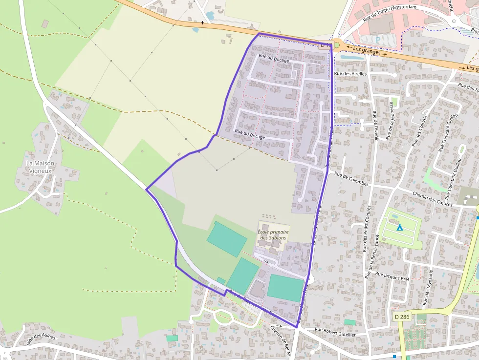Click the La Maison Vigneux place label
click(41, 167)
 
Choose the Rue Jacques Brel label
click(392, 276)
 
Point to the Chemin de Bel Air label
click(281, 341)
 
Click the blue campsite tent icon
click(399, 227)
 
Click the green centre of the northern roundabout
click(337, 45)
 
